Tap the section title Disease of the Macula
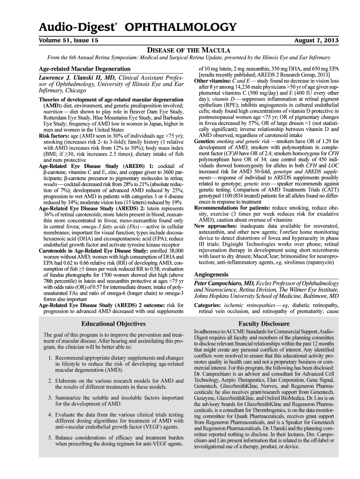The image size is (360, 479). [x=189, y=50]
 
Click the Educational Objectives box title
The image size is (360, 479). [x=114, y=323]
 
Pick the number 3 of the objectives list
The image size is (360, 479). [x=50, y=398]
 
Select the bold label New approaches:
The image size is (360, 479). [x=214, y=225]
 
